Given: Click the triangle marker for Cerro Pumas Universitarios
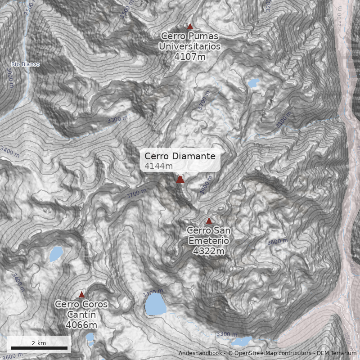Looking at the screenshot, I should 190,27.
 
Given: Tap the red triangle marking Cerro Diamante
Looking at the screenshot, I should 180,180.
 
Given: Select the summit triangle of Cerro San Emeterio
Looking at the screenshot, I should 209,221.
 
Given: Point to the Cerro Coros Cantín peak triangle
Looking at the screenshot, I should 81,295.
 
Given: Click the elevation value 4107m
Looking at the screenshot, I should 189,56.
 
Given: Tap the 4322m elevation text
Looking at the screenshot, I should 208,251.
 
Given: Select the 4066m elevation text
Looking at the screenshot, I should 81,324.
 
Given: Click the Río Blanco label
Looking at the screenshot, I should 25,64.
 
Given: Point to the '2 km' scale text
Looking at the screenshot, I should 39,343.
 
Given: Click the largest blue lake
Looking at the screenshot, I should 154,304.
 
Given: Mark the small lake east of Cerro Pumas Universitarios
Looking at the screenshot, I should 253,83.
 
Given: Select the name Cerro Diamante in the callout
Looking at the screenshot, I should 180,156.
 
